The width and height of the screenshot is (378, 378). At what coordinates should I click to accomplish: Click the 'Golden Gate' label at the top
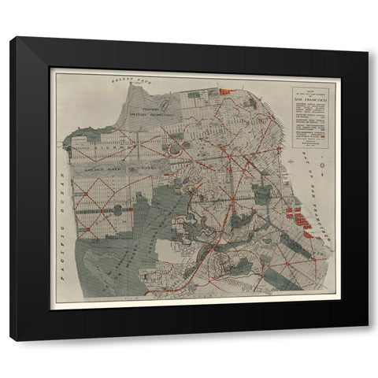coord(131,80)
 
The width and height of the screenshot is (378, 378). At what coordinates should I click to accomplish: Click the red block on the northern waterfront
coord(226,92)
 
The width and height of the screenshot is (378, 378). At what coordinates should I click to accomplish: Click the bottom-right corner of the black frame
coord(367,340)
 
